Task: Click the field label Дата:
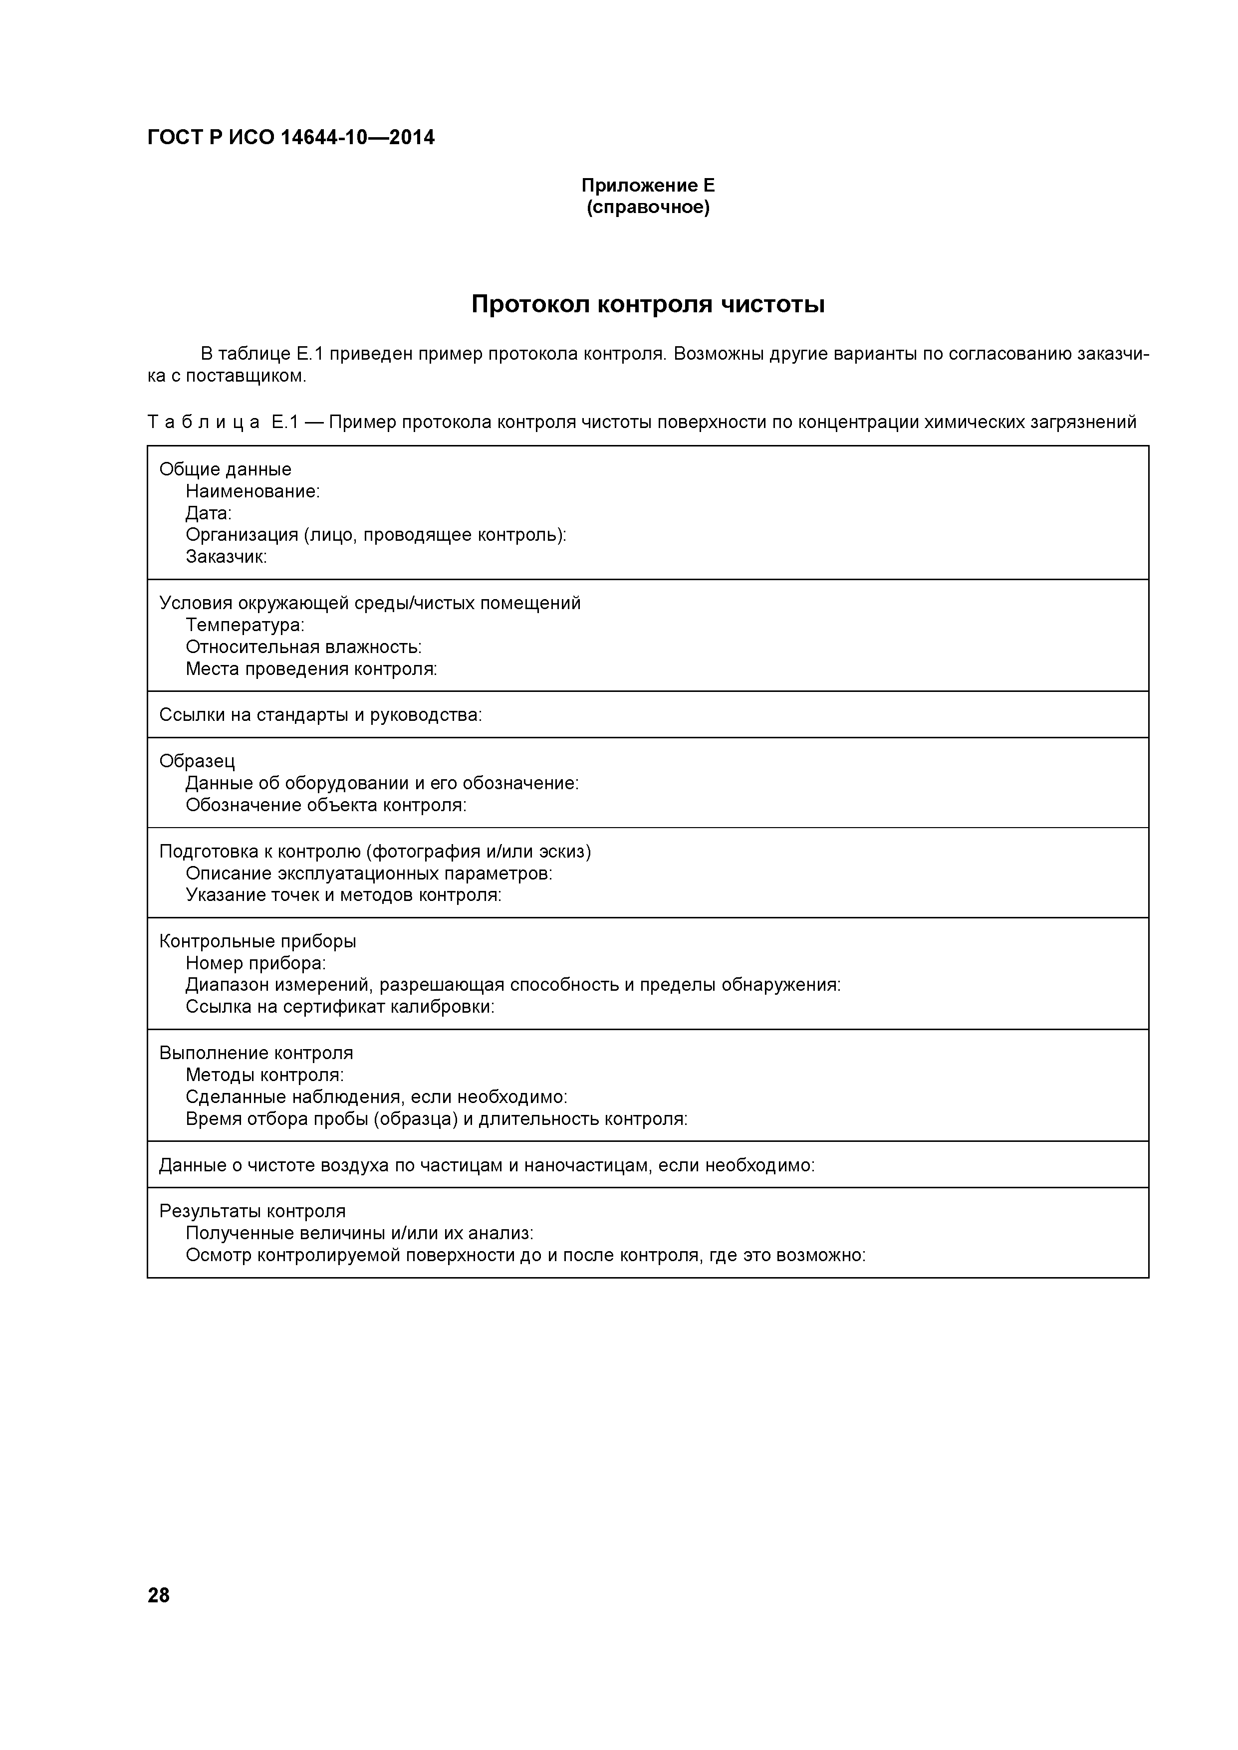pyautogui.click(x=208, y=514)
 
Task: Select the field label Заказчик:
pyautogui.click(x=227, y=557)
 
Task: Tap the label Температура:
pyautogui.click(x=245, y=626)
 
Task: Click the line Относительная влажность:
pyautogui.click(x=303, y=647)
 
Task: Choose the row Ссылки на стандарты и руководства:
pyautogui.click(x=320, y=715)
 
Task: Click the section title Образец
pyautogui.click(x=197, y=761)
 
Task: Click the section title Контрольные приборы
pyautogui.click(x=257, y=941)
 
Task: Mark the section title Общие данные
pyautogui.click(x=225, y=469)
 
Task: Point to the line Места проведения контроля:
pyautogui.click(x=311, y=669)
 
